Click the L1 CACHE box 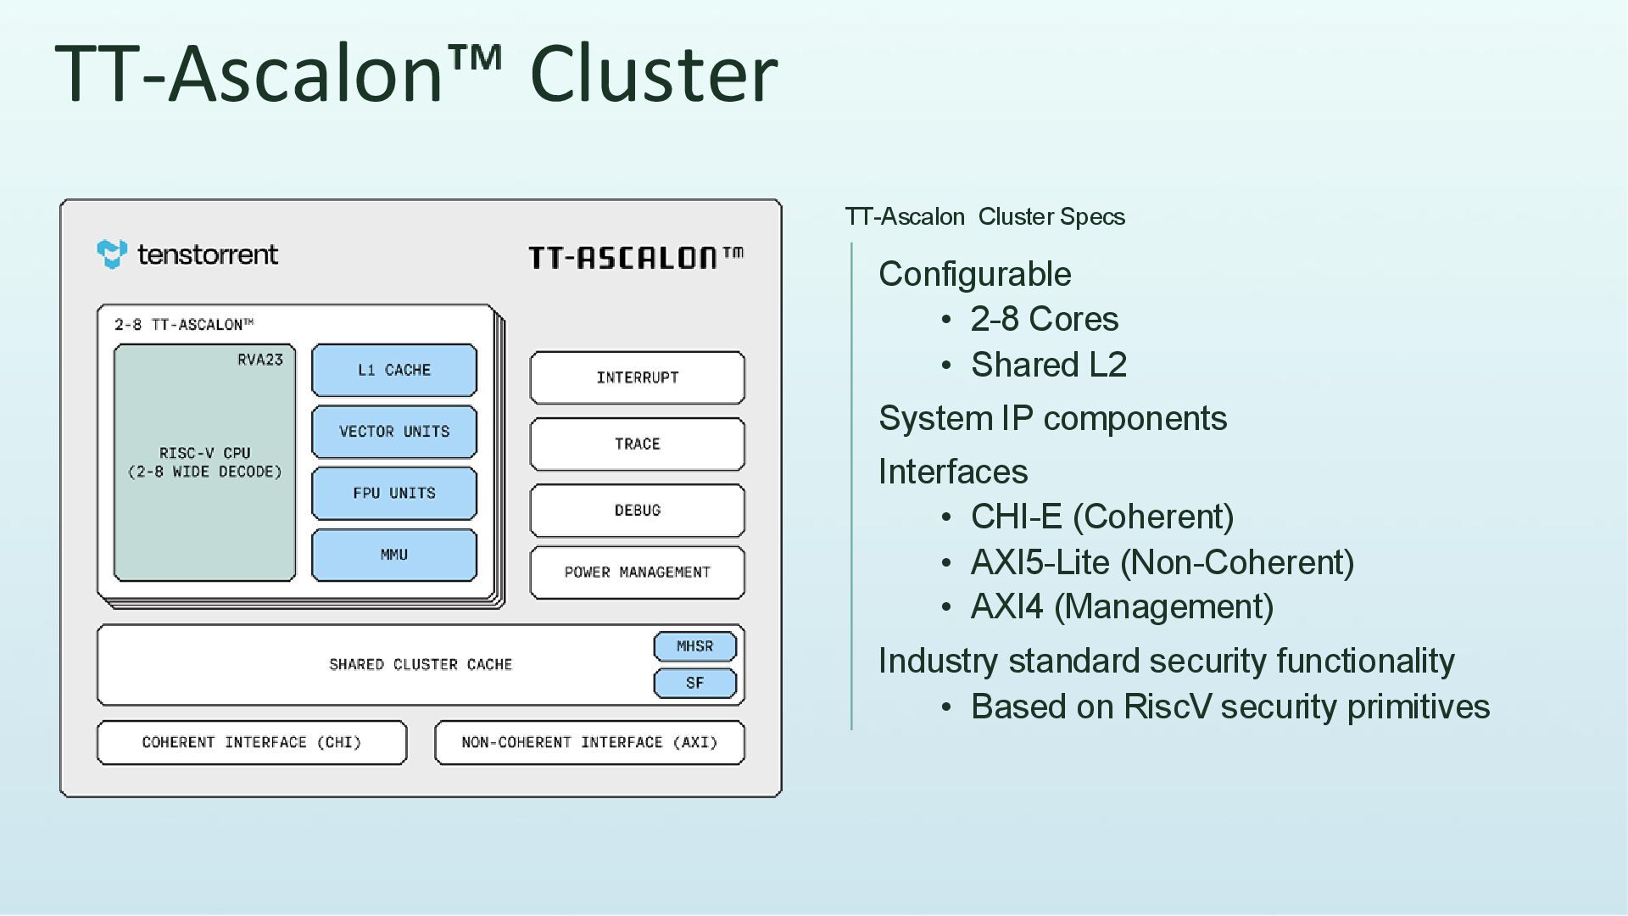pyautogui.click(x=394, y=370)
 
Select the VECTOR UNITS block pyautogui.click(x=394, y=432)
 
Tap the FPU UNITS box pyautogui.click(x=394, y=494)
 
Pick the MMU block pyautogui.click(x=394, y=556)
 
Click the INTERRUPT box pyautogui.click(x=638, y=377)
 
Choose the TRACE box pyautogui.click(x=638, y=444)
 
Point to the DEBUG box pyautogui.click(x=638, y=511)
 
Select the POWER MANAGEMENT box pyautogui.click(x=638, y=572)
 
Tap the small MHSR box pyautogui.click(x=695, y=646)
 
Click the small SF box pyautogui.click(x=695, y=684)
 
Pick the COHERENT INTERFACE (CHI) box pyautogui.click(x=252, y=743)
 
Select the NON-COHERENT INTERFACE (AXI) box pyautogui.click(x=590, y=743)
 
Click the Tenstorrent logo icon pyautogui.click(x=112, y=254)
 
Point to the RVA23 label pyautogui.click(x=260, y=360)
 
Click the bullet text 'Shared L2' pyautogui.click(x=1049, y=365)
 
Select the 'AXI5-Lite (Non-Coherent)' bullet pyautogui.click(x=1162, y=562)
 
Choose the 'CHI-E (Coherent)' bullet pyautogui.click(x=1102, y=517)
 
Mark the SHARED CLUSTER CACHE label pyautogui.click(x=421, y=665)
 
